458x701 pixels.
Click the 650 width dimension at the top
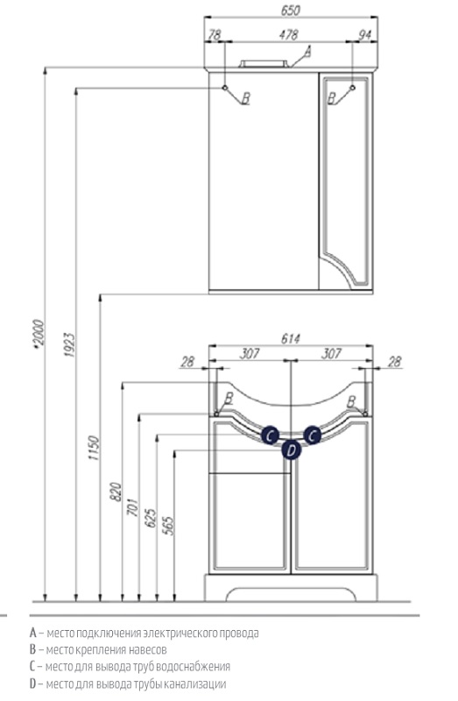(x=291, y=10)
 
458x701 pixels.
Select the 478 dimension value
(x=289, y=34)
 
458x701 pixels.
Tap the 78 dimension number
(x=215, y=34)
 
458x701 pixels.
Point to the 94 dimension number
(x=365, y=34)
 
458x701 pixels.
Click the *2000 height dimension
(x=39, y=333)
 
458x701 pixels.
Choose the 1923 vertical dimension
(x=69, y=344)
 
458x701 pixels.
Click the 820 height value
(x=116, y=492)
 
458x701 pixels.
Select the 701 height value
(x=133, y=506)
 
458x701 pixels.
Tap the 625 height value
(x=151, y=518)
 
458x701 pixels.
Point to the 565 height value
(x=168, y=526)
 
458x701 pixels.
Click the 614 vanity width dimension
(x=291, y=339)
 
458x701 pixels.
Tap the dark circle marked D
(x=292, y=450)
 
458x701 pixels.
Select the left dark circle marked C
(x=270, y=435)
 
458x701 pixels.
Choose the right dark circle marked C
(x=313, y=435)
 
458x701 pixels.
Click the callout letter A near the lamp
(x=307, y=53)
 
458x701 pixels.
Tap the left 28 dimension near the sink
(x=187, y=361)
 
